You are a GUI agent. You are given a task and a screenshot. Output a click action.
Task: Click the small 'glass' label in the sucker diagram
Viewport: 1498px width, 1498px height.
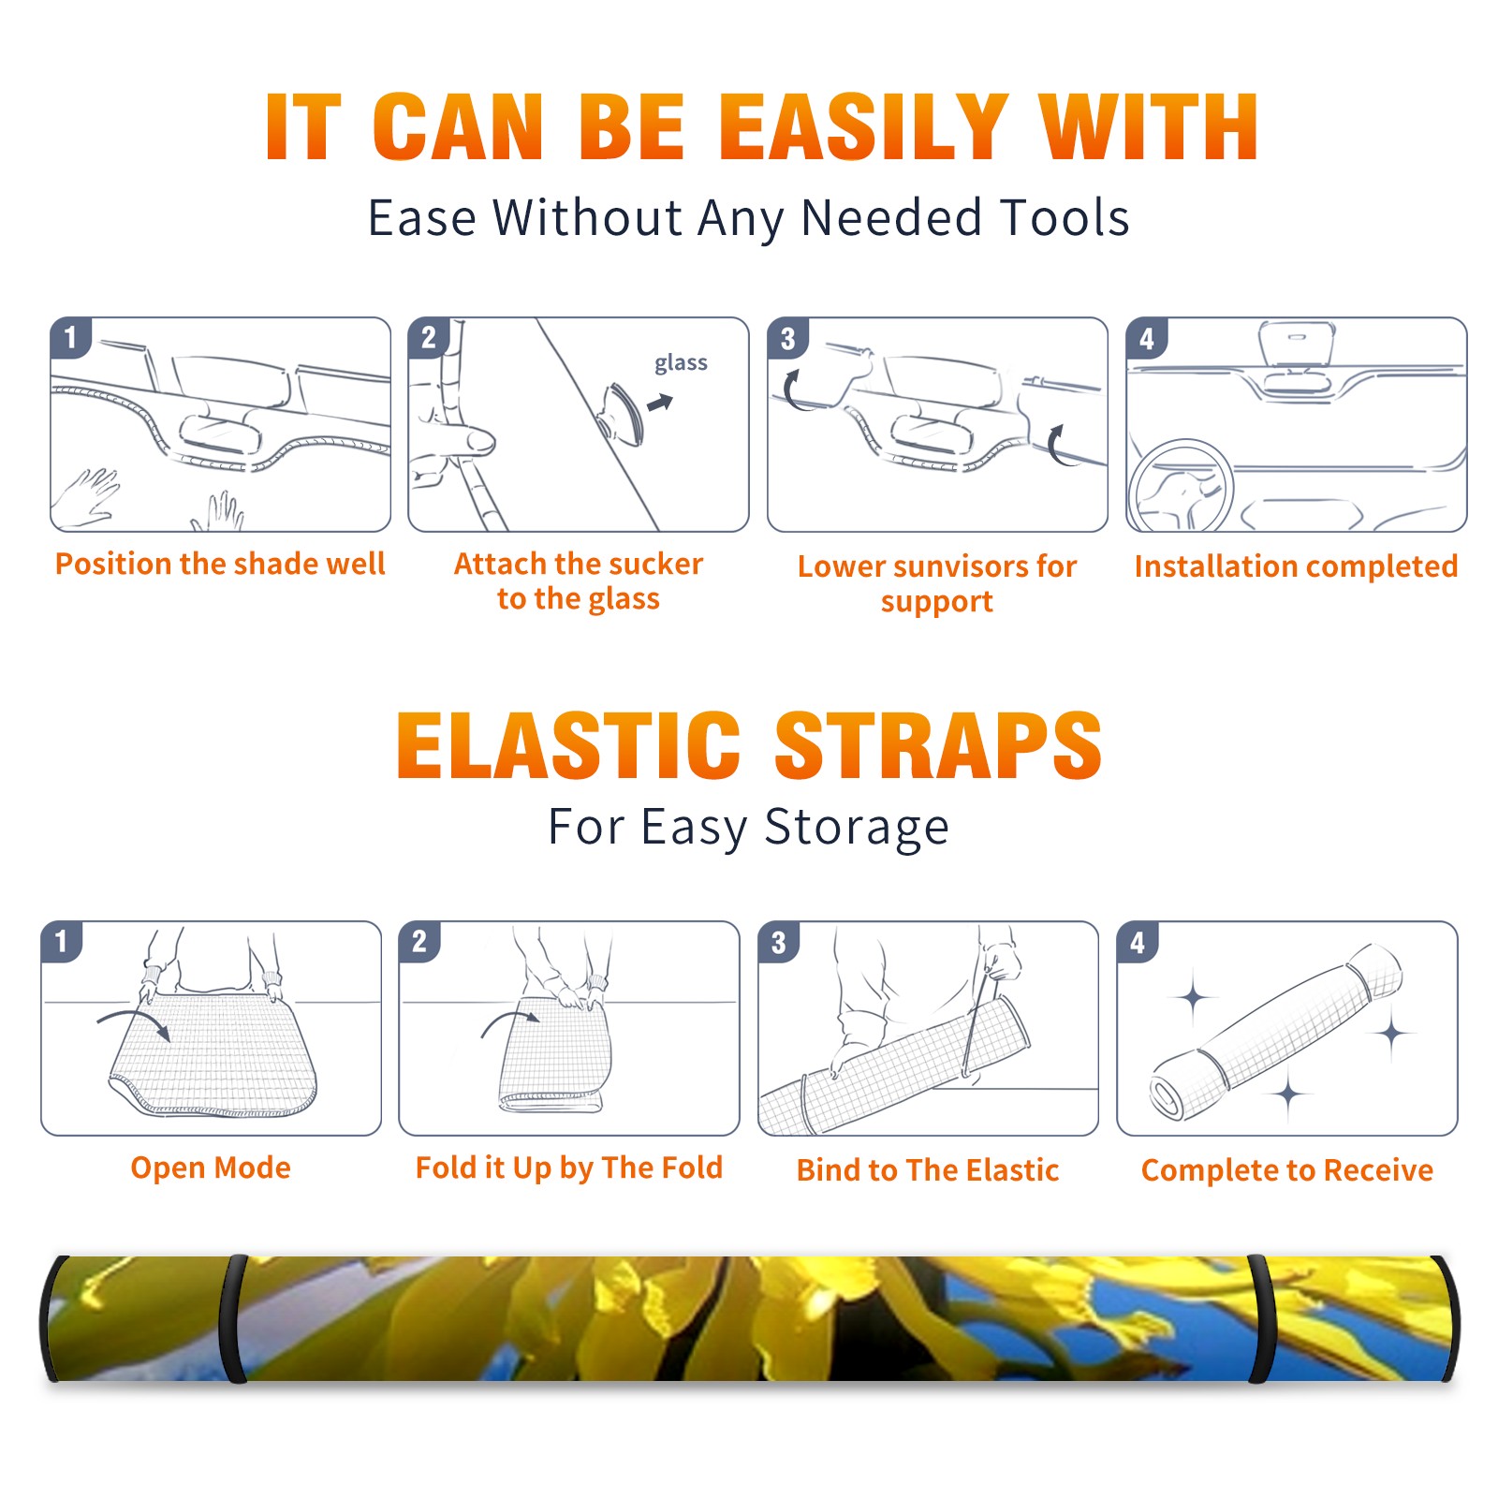[681, 363]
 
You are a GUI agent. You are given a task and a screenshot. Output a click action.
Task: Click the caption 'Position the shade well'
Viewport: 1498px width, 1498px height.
[220, 564]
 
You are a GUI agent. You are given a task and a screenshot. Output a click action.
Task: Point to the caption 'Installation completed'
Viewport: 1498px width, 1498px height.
[1296, 565]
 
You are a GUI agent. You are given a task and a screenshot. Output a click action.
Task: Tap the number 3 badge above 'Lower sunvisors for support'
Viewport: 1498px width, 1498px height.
[787, 338]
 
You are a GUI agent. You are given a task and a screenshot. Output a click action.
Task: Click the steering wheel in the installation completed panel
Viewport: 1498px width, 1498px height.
[1181, 487]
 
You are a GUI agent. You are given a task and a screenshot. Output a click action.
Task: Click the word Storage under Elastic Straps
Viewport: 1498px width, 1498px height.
[857, 828]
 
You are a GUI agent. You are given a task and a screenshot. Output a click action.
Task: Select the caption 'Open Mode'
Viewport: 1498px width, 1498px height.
[211, 1168]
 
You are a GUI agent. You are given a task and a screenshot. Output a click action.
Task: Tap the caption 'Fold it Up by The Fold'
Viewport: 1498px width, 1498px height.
[569, 1168]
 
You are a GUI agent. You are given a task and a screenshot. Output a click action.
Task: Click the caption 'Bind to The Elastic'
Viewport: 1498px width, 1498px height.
[928, 1170]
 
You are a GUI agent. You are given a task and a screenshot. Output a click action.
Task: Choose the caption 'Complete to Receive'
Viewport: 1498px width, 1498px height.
[1287, 1170]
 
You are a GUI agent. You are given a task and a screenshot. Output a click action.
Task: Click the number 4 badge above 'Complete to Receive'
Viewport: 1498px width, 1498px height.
[1138, 942]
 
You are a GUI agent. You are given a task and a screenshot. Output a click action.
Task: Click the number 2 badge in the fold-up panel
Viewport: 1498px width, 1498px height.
[419, 941]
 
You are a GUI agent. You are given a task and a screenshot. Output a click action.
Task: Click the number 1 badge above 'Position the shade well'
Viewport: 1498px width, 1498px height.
[70, 337]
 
